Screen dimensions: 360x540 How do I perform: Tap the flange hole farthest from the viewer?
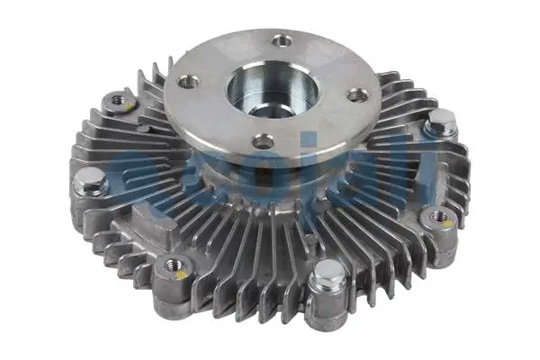click(x=283, y=40)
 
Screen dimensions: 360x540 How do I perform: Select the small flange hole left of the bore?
click(x=189, y=81)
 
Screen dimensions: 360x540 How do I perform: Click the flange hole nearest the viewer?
click(x=262, y=141)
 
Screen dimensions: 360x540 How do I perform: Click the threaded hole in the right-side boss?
click(x=441, y=216)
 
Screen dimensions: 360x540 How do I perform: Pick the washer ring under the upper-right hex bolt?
click(x=441, y=133)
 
